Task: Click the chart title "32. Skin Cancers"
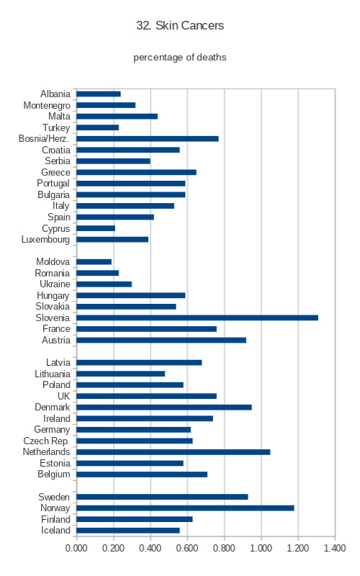tap(180, 25)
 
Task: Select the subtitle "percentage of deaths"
tap(179, 58)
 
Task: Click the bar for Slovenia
tap(197, 318)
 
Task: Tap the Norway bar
tap(185, 508)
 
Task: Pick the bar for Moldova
tap(94, 262)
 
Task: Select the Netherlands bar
tap(174, 452)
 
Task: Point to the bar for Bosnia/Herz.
tap(148, 138)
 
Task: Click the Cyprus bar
tap(96, 228)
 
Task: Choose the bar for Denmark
tap(164, 407)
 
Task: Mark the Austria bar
tap(161, 340)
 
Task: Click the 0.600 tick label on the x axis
tap(187, 548)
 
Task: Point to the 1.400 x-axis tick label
tap(335, 548)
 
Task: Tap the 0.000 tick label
tap(76, 548)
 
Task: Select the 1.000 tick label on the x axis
tap(261, 548)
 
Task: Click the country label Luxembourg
tap(45, 240)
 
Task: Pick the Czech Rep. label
tap(46, 441)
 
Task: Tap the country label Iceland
tap(55, 531)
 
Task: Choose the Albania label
tap(55, 94)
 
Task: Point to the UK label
tap(63, 396)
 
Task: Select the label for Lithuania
tap(53, 374)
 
